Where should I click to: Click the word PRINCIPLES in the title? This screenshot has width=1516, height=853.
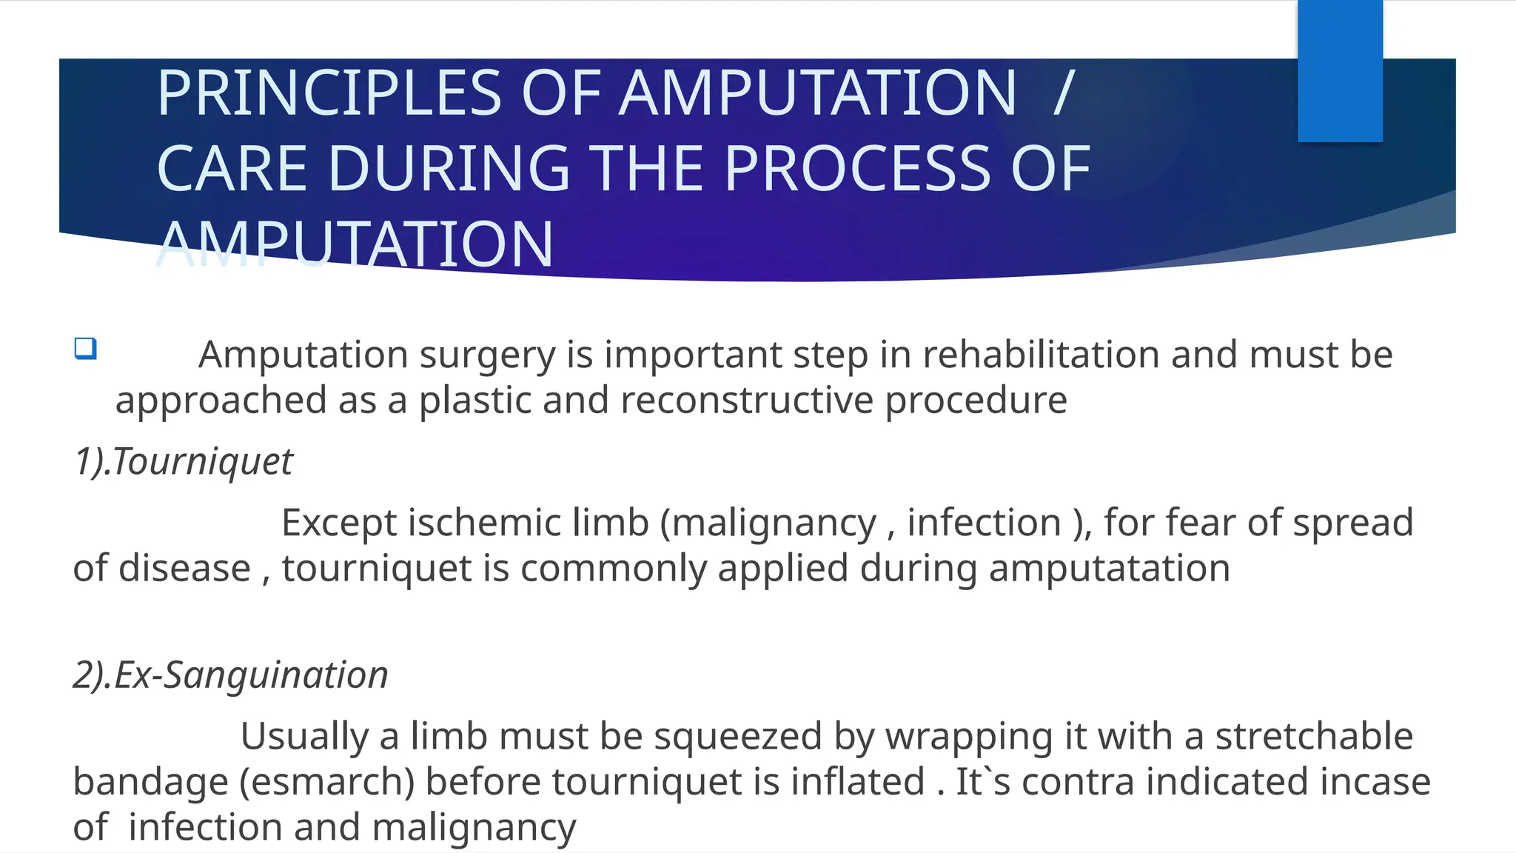click(x=329, y=93)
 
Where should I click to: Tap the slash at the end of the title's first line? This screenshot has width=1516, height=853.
click(x=1062, y=93)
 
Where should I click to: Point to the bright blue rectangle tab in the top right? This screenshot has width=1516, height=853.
click(x=1340, y=70)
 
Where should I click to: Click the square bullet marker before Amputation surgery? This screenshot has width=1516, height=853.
click(x=85, y=348)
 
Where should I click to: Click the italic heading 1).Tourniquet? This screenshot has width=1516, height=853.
click(x=184, y=461)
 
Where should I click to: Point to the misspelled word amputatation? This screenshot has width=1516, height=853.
click(x=1109, y=569)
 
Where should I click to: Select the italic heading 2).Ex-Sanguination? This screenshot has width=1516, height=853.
click(x=230, y=675)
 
